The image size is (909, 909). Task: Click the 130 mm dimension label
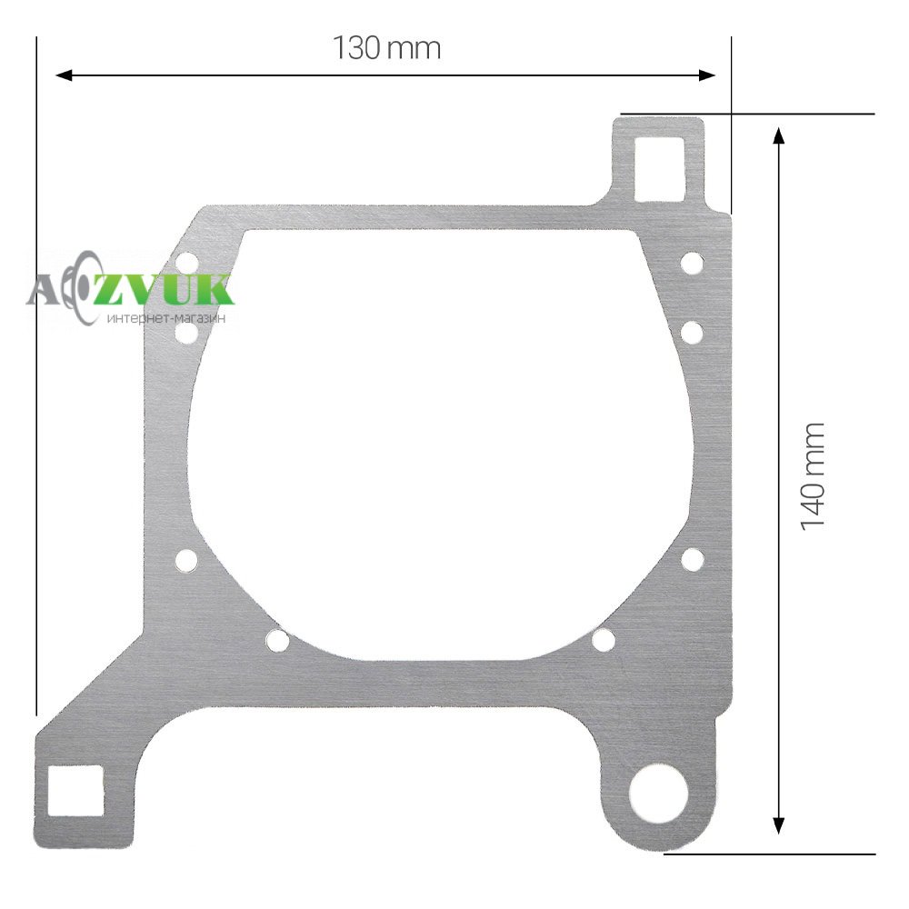coord(386,48)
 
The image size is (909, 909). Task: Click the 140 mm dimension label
coord(812,476)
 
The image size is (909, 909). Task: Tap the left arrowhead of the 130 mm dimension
coord(64,75)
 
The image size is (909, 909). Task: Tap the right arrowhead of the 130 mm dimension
coord(706,75)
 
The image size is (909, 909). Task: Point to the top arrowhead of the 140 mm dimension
coord(779,137)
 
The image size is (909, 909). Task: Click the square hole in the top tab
coord(660,169)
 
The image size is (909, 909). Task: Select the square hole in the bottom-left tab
coord(75,791)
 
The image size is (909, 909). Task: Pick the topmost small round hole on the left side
coord(186,264)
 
